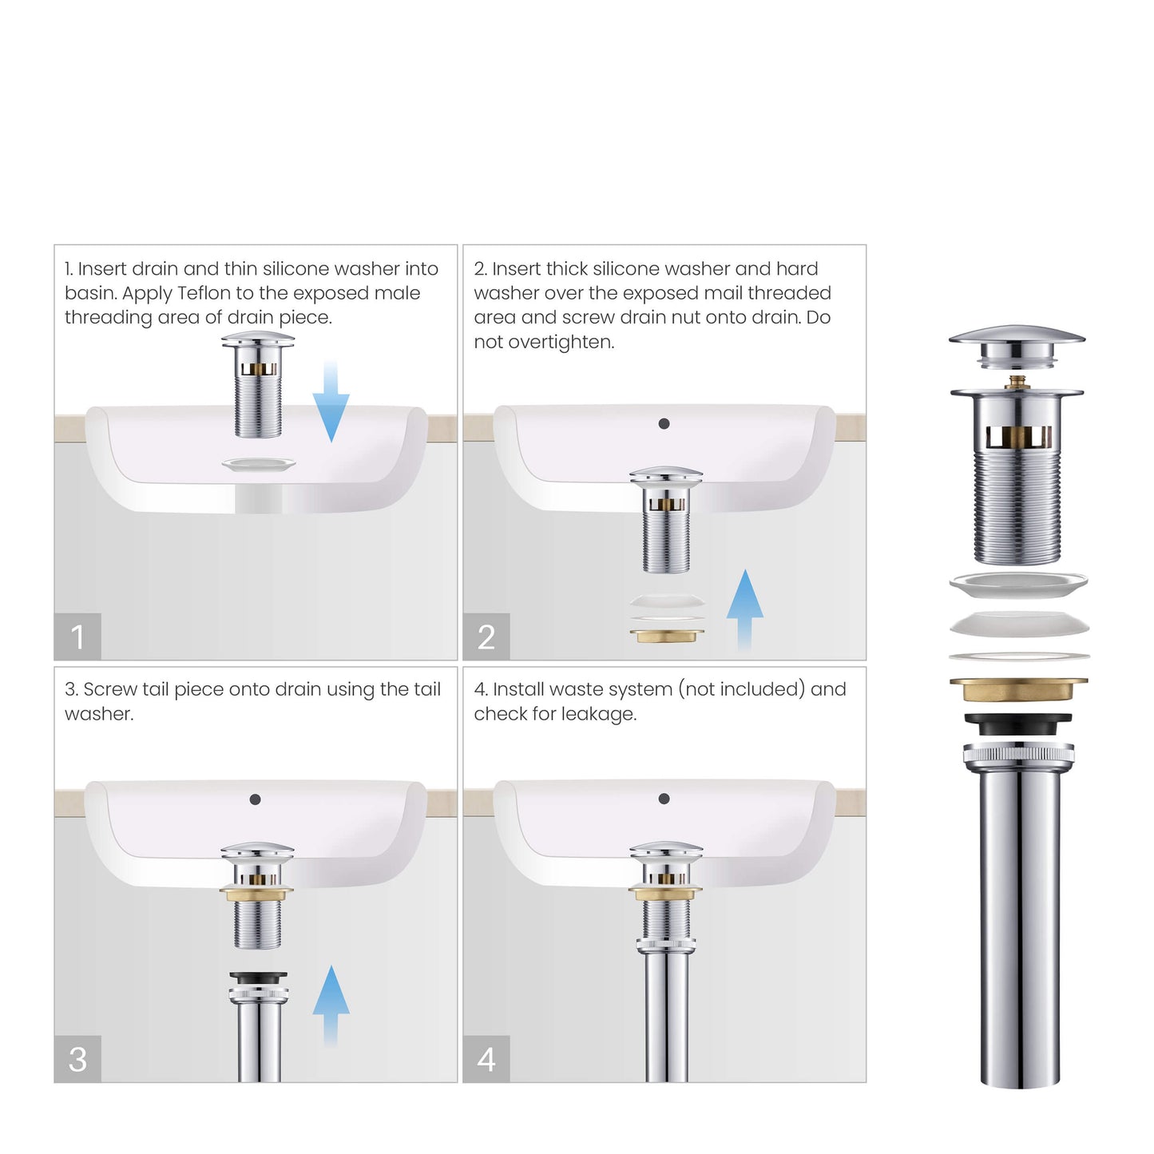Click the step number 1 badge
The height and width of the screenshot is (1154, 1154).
[77, 636]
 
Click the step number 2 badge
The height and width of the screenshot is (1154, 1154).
[486, 636]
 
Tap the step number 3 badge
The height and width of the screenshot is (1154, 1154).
[77, 1059]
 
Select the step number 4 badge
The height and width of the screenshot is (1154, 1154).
[486, 1059]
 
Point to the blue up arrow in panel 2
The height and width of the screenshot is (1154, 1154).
[744, 607]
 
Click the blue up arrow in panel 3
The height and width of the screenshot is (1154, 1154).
[331, 1004]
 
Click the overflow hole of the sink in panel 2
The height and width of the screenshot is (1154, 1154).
[664, 424]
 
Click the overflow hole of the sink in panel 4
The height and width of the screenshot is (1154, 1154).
[664, 799]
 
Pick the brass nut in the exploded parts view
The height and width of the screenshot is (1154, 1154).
[1018, 688]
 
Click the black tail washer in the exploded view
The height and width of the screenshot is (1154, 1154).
[1018, 724]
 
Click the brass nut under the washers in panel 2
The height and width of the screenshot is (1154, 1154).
[667, 636]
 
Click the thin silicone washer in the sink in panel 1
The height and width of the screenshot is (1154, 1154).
[258, 465]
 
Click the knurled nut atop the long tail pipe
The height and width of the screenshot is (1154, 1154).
[1018, 752]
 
